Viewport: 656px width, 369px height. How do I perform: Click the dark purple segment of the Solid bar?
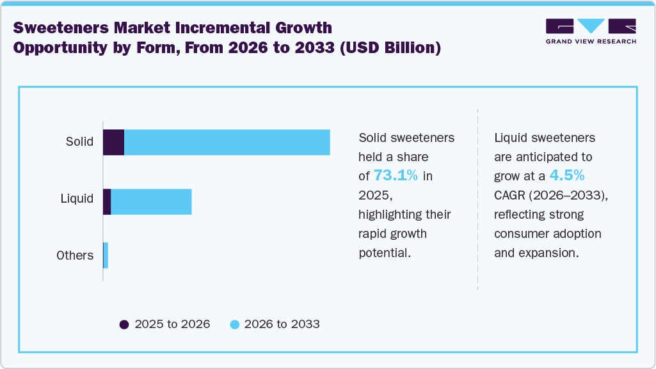(x=113, y=142)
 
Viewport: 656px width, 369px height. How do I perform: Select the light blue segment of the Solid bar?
(x=227, y=142)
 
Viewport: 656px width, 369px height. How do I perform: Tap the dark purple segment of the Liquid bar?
(x=107, y=201)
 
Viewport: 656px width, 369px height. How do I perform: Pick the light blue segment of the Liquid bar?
(x=151, y=201)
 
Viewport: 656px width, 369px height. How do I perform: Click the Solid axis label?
(x=79, y=141)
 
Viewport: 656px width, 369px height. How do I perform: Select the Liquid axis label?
(x=77, y=198)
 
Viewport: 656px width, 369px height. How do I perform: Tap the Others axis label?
(x=75, y=255)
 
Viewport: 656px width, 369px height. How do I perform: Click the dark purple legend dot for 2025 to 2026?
(x=124, y=324)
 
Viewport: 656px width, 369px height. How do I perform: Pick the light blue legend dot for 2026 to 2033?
(x=234, y=324)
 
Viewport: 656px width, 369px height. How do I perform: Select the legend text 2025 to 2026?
(x=172, y=324)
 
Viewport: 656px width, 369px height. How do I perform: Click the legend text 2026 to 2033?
(x=282, y=324)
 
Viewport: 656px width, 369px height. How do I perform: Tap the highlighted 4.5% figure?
(x=566, y=175)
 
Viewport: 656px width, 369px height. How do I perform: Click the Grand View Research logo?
(x=590, y=31)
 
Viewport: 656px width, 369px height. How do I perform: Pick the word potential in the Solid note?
(x=384, y=253)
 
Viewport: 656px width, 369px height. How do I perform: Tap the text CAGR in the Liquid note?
(x=511, y=195)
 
